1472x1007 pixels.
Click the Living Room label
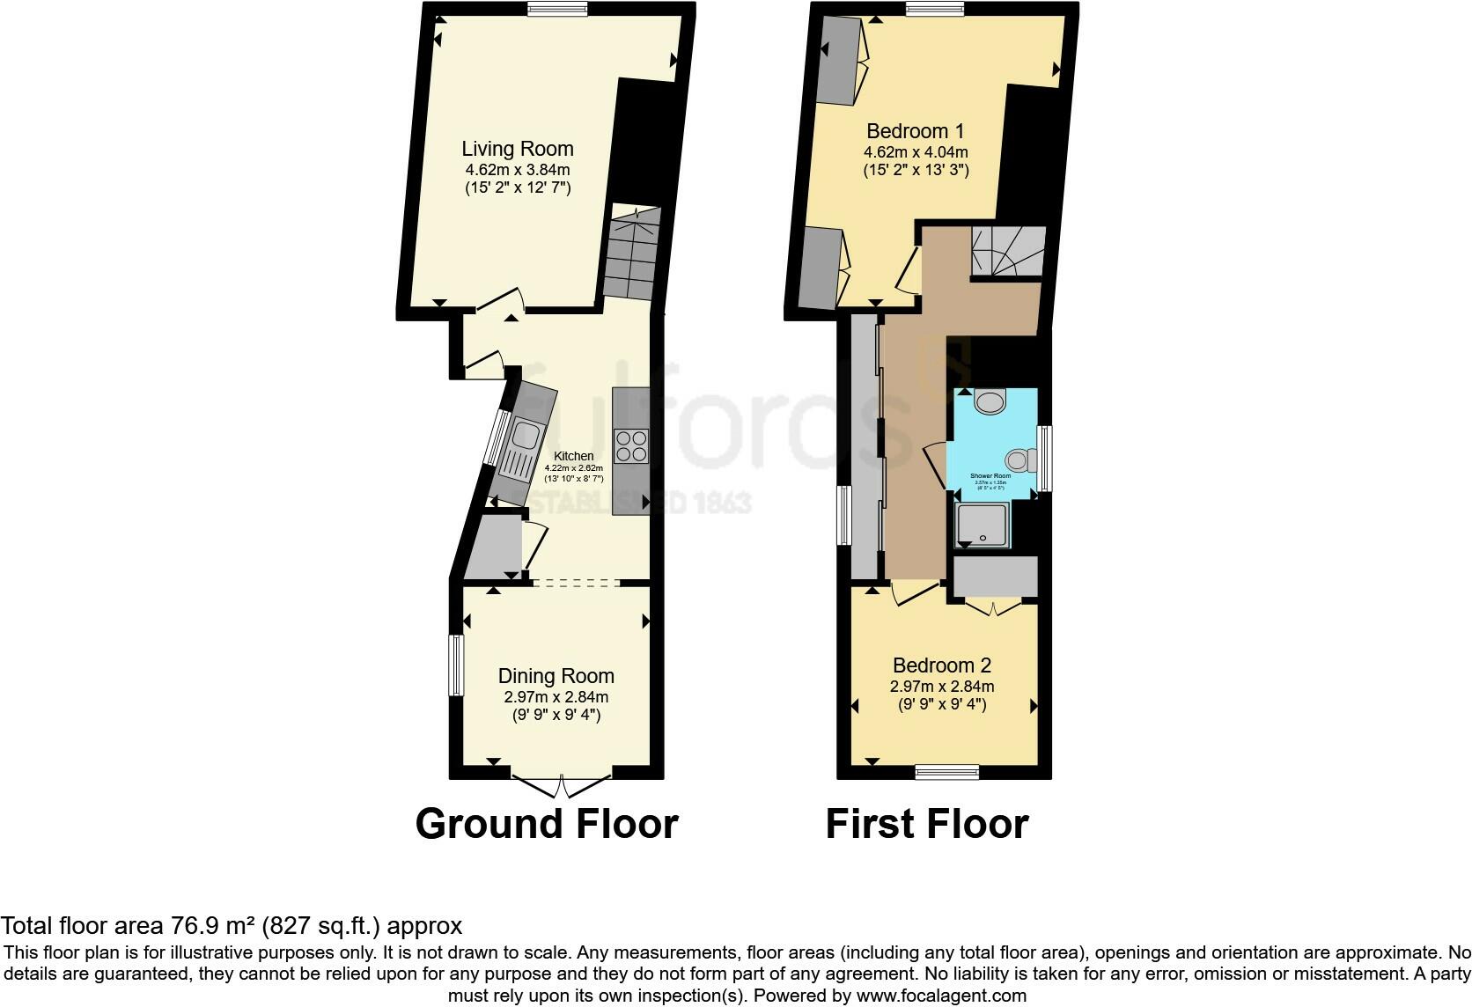517,149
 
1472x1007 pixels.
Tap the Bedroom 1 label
916,131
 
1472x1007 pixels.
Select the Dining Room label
556,676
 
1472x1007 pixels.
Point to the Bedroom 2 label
942,665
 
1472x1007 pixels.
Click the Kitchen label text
573,456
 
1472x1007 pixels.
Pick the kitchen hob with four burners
630,445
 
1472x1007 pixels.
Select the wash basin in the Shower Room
991,402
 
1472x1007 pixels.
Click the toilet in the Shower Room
1021,459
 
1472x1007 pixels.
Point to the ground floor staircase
631,253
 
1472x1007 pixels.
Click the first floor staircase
1008,250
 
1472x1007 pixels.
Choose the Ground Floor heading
547,824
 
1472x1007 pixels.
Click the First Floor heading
927,824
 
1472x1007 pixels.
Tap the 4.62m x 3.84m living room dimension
518,169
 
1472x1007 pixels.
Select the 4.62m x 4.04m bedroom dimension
916,151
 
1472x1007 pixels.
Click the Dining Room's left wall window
456,665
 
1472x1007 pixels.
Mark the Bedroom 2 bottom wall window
946,772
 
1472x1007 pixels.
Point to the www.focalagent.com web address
942,996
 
